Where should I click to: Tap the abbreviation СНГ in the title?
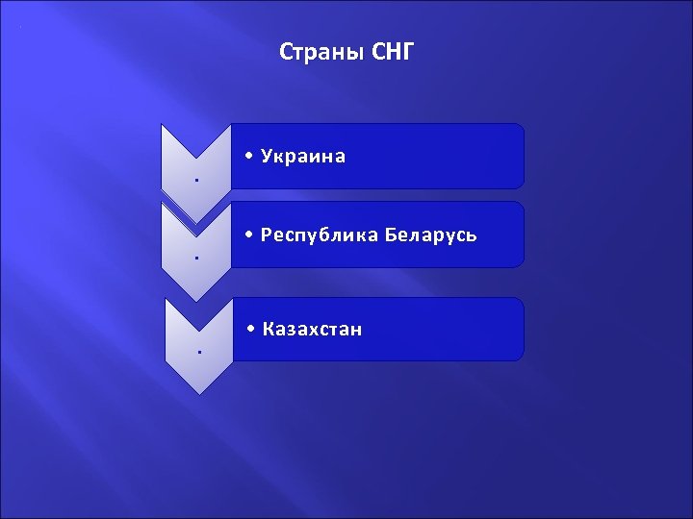(393, 51)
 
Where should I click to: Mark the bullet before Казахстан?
(250, 330)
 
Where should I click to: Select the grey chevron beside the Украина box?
(195, 168)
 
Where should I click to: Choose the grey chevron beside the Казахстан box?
(198, 346)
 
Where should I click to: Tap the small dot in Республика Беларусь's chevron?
(195, 259)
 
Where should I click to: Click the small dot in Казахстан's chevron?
(198, 353)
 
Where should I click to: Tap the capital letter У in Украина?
(266, 156)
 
